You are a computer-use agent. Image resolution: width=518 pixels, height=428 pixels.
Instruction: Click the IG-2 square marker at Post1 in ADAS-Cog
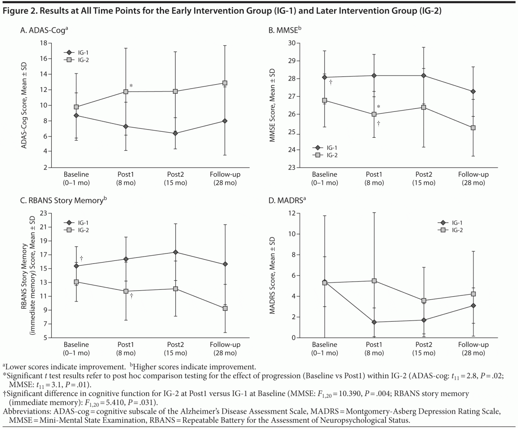[126, 92]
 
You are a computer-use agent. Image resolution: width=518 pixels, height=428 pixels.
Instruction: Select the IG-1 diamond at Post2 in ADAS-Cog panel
[176, 133]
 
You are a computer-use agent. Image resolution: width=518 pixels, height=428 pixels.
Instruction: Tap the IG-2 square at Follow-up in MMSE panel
[473, 128]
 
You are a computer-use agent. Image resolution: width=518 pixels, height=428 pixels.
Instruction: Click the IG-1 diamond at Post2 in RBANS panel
[176, 252]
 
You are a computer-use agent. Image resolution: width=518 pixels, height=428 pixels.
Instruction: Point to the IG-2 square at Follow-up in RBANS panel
[225, 308]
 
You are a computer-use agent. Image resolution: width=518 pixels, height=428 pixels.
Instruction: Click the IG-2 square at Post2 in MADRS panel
[424, 301]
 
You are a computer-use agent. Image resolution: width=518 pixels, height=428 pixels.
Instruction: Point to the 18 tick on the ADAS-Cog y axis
[44, 43]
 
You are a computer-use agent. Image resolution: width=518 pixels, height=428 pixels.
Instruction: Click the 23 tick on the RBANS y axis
[43, 213]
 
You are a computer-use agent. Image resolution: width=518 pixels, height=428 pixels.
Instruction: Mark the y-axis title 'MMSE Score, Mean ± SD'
[273, 105]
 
